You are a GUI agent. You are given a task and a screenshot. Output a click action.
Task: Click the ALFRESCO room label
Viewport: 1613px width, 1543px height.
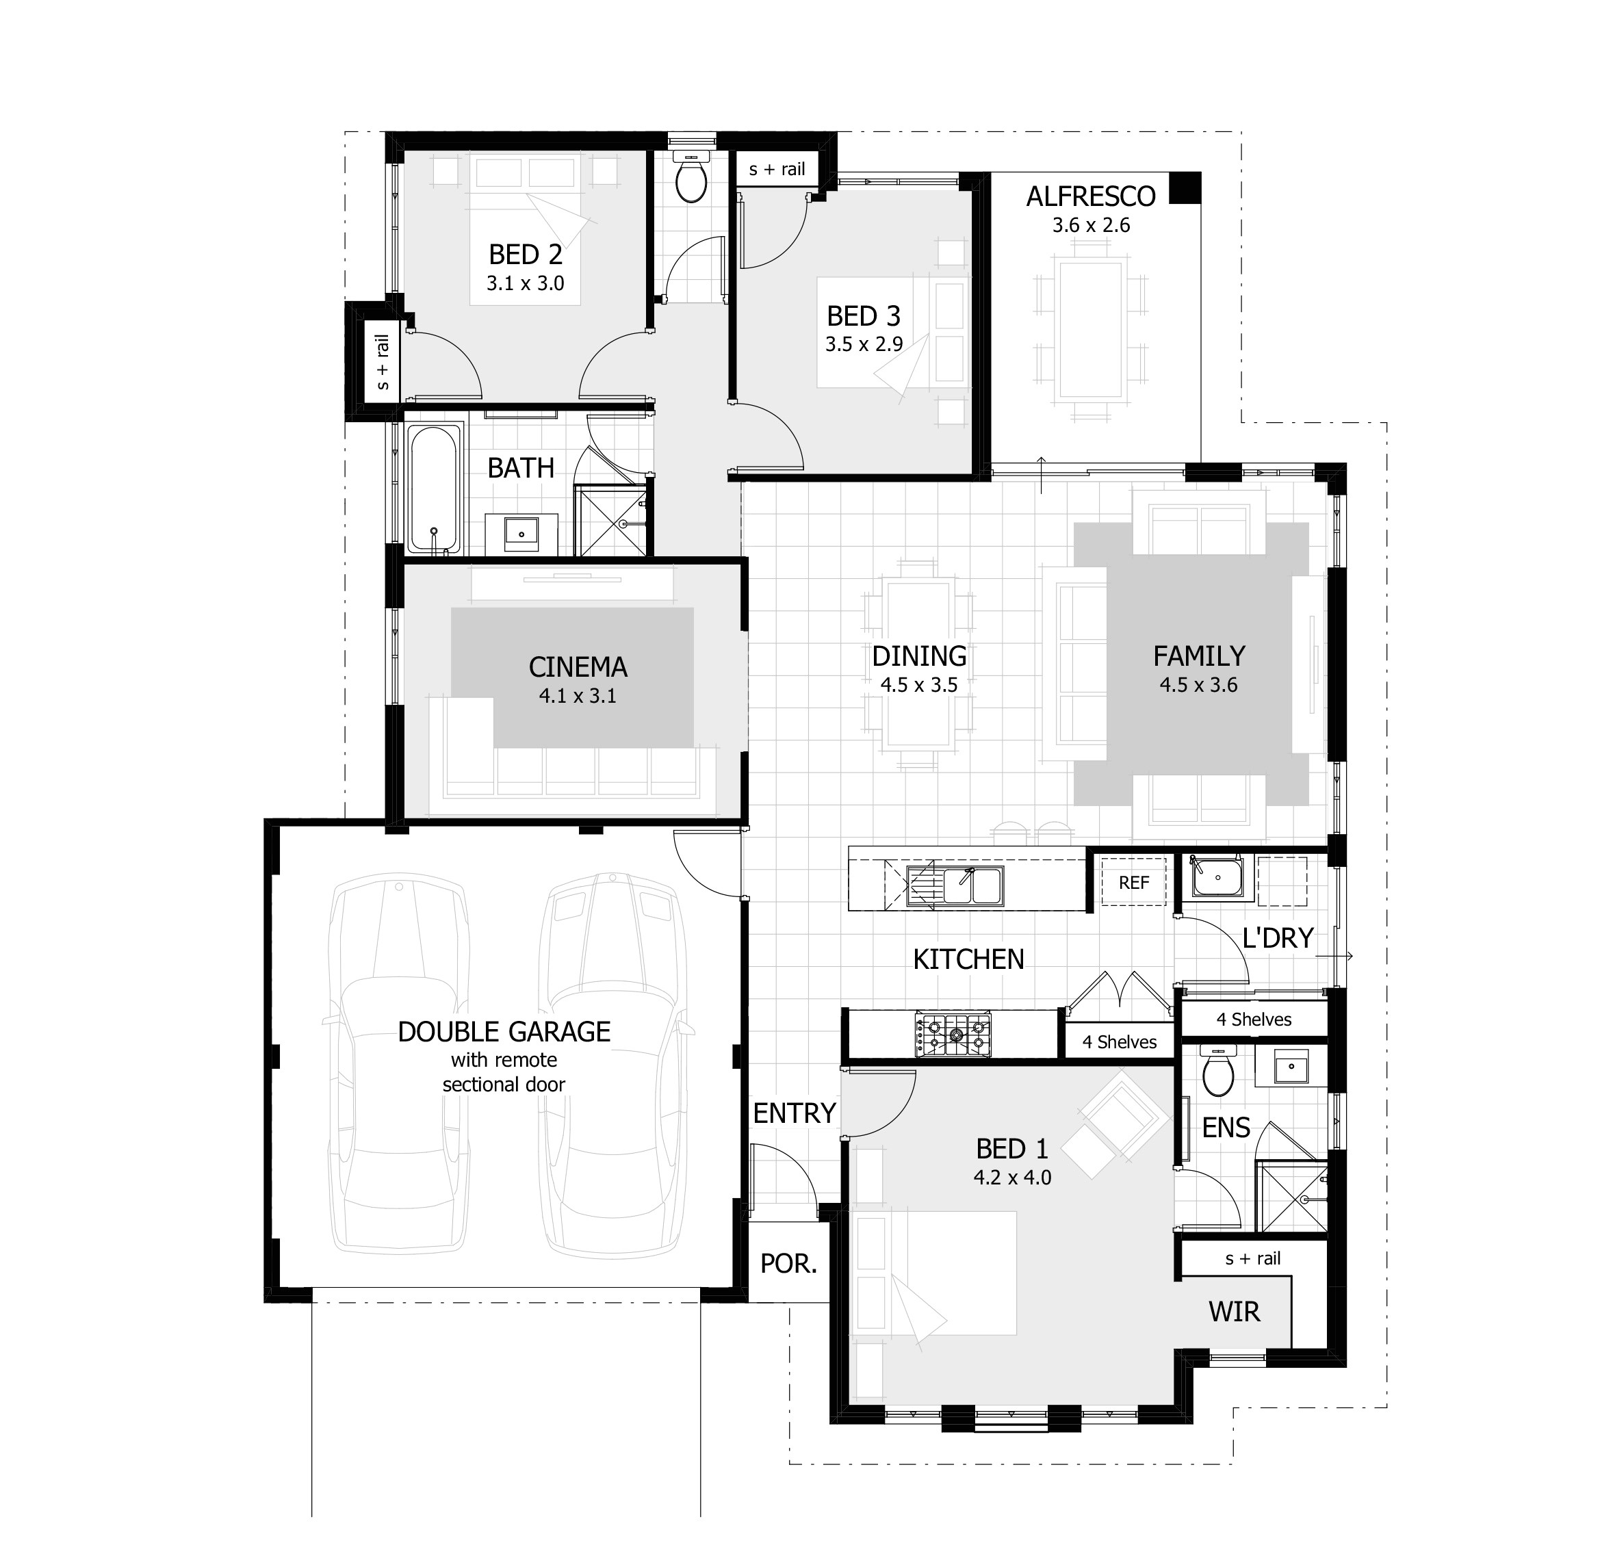(1090, 196)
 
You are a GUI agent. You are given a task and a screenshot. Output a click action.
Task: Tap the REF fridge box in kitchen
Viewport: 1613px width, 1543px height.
(1133, 883)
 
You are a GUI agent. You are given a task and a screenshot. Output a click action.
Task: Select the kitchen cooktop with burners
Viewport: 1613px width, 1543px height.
(953, 1035)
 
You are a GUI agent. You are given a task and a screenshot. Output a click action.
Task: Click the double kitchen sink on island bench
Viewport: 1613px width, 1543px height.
(954, 887)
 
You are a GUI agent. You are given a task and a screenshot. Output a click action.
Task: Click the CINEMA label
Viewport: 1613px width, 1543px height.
(578, 667)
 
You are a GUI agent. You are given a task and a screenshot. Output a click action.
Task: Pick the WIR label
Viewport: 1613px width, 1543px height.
(1234, 1312)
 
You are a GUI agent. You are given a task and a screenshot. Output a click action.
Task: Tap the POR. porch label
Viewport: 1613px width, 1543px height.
(788, 1265)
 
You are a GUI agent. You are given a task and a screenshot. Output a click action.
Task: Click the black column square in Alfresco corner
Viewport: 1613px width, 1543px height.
(1185, 188)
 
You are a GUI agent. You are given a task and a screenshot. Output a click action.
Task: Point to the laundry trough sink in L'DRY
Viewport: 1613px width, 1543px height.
(1217, 877)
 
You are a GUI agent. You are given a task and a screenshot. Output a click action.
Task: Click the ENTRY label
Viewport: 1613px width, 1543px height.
(794, 1114)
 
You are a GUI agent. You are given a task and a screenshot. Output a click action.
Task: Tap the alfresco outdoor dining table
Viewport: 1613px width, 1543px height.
(1090, 329)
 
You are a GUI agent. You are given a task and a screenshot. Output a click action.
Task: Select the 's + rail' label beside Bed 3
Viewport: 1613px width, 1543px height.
(777, 170)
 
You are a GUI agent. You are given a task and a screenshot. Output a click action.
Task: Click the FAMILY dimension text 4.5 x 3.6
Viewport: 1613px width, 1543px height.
(1198, 685)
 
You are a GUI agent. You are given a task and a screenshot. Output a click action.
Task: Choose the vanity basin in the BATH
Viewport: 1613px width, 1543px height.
(521, 532)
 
